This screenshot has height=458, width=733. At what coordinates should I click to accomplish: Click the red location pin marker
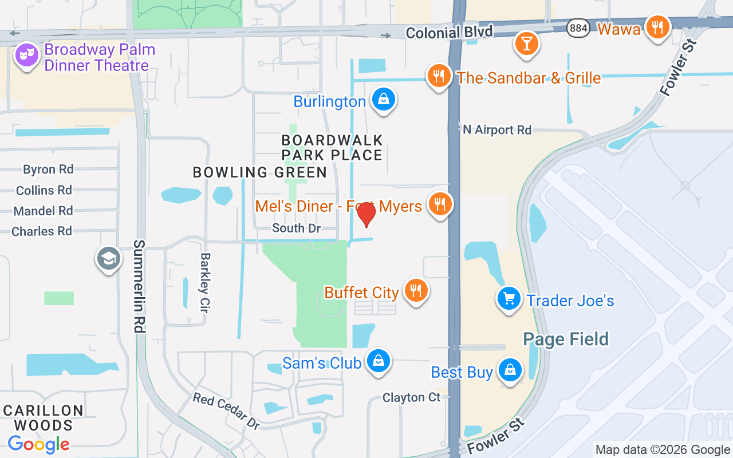coord(366,214)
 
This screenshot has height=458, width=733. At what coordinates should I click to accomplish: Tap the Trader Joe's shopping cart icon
coord(508,298)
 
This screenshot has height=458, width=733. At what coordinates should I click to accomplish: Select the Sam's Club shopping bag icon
coord(378,361)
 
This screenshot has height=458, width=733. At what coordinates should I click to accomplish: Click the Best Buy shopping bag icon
coord(509,370)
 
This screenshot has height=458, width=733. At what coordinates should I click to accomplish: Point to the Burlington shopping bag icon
coord(383,100)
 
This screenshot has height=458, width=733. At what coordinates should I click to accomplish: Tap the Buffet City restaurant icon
coord(416,291)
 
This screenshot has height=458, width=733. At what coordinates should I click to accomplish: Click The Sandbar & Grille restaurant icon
coord(439,76)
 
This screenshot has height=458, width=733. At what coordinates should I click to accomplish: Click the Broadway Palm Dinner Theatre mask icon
coord(26,56)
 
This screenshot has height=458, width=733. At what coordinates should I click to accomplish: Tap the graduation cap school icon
coord(108,259)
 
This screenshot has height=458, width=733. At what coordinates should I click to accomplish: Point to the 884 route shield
coord(578,27)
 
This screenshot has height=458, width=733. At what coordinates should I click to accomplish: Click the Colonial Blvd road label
coord(449,33)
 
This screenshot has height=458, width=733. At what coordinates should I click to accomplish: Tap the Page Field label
coord(566,339)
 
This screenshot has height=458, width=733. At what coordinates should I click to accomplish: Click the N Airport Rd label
coord(497,130)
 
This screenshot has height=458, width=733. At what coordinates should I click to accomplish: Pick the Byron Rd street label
coord(48,169)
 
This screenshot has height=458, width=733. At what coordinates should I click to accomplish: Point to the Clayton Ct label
coord(412,397)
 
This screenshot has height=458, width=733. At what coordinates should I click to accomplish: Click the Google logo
coord(39,444)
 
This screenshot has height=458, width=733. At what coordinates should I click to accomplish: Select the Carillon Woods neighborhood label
coord(44,418)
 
